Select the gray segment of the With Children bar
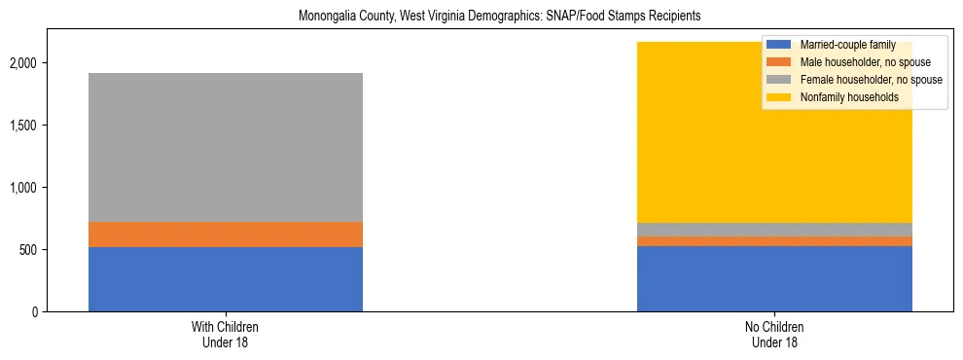pyautogui.click(x=226, y=147)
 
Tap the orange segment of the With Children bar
pyautogui.click(x=226, y=234)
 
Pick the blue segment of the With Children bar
pyautogui.click(x=226, y=279)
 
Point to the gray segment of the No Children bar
pyautogui.click(x=774, y=230)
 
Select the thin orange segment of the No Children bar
pyautogui.click(x=774, y=241)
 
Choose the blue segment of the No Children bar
pyautogui.click(x=774, y=279)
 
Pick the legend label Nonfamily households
pyautogui.click(x=843, y=97)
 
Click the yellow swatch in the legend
pyautogui.click(x=779, y=97)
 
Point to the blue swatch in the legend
pyautogui.click(x=779, y=45)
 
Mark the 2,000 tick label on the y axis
pyautogui.click(x=24, y=63)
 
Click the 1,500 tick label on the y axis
pyautogui.click(x=24, y=126)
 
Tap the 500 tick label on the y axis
pyautogui.click(x=29, y=250)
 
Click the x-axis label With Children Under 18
pyautogui.click(x=226, y=335)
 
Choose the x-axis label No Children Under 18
pyautogui.click(x=774, y=335)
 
